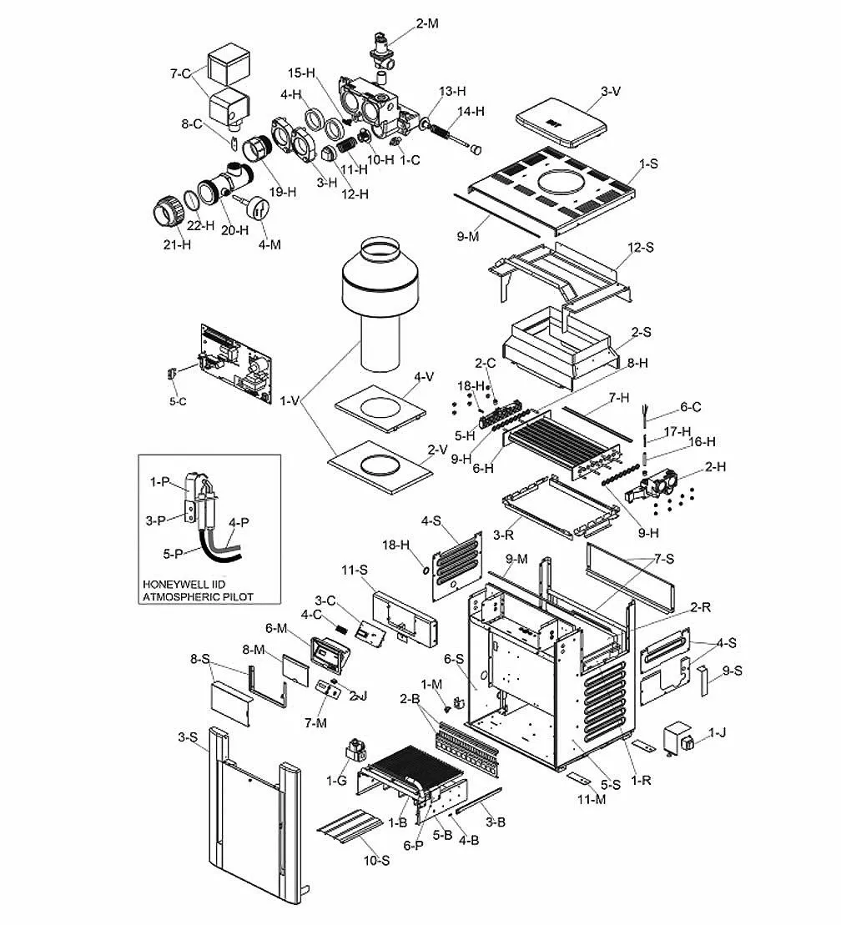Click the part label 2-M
(426, 23)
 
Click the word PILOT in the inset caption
(235, 596)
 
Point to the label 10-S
(375, 859)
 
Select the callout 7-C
(181, 73)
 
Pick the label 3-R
(502, 532)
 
